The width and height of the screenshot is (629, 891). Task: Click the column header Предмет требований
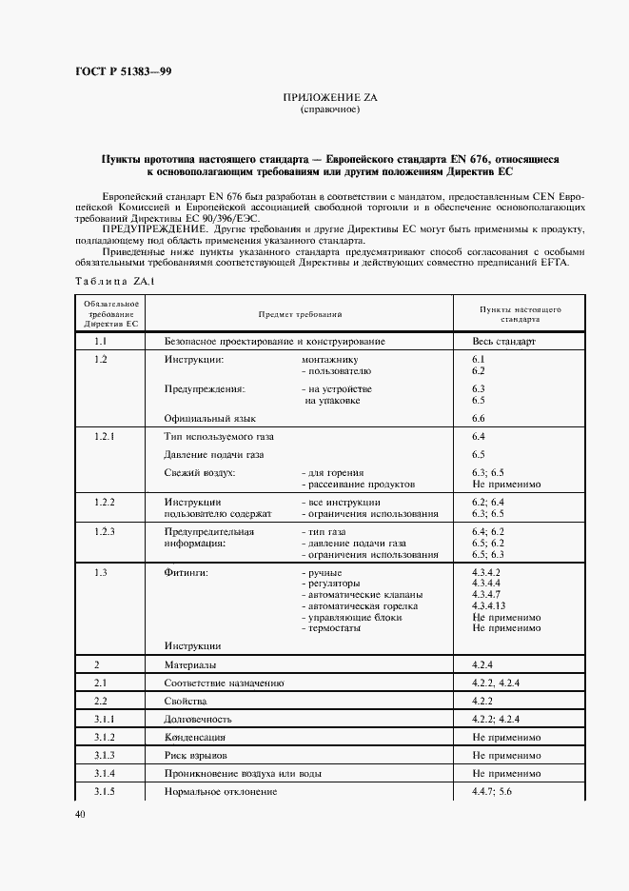coord(300,314)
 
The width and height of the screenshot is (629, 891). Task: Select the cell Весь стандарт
coord(504,340)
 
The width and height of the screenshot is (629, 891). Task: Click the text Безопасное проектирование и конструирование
coord(274,340)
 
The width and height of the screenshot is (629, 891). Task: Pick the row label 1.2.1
coord(105,436)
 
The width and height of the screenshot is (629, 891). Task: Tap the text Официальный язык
coord(210,418)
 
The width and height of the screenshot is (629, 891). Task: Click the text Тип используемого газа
coord(220,436)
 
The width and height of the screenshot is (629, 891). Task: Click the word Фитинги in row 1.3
coord(187,572)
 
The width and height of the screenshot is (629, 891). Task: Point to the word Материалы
coord(190,663)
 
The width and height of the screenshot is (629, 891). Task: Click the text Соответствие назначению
coord(224,683)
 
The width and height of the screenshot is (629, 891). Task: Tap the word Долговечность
coord(198,719)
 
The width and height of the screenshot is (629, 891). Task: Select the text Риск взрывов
coord(196,755)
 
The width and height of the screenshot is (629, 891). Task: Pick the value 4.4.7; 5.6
coord(491,792)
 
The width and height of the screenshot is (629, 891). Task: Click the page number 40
coord(79,814)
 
